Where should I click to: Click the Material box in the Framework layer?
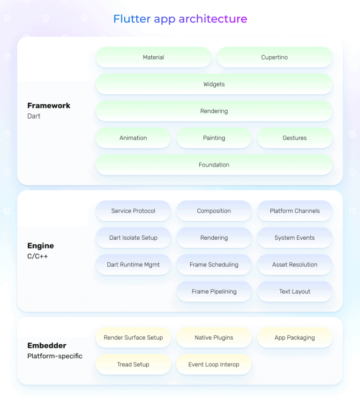153,57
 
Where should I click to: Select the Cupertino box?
274,57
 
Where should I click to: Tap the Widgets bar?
214,84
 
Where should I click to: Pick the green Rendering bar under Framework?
214,111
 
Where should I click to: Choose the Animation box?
133,138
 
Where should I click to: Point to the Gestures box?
294,138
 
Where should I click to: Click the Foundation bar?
214,165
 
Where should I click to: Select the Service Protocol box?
133,211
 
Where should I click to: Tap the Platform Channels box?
294,211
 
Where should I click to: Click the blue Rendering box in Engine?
214,238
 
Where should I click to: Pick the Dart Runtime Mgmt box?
133,265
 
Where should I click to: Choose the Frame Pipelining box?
214,291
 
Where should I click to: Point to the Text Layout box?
294,291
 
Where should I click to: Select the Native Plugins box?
214,338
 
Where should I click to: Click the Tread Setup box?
133,364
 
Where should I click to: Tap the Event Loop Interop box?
214,364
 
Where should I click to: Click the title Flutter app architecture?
180,19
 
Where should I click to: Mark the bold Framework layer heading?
49,106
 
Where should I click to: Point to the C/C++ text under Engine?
37,257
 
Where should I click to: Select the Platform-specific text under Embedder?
55,356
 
